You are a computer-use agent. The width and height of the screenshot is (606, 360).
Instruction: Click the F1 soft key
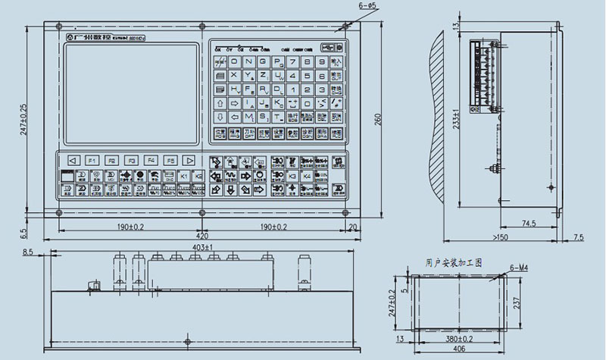[x=92, y=161]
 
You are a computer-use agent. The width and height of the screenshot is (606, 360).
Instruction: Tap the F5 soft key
[x=170, y=161]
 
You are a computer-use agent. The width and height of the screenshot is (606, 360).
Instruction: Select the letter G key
[x=263, y=61]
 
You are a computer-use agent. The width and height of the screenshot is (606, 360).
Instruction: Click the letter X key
[x=234, y=76]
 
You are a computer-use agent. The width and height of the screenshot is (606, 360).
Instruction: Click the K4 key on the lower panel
[x=307, y=176]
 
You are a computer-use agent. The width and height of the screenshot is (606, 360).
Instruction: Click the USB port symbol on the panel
[x=326, y=45]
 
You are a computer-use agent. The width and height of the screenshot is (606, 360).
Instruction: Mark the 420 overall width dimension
[x=203, y=236]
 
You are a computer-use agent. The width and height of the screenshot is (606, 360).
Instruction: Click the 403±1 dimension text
[x=203, y=247]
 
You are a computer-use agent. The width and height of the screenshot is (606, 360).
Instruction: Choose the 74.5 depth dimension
[x=529, y=224]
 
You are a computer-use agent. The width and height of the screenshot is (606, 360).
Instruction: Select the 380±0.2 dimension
[x=459, y=340]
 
